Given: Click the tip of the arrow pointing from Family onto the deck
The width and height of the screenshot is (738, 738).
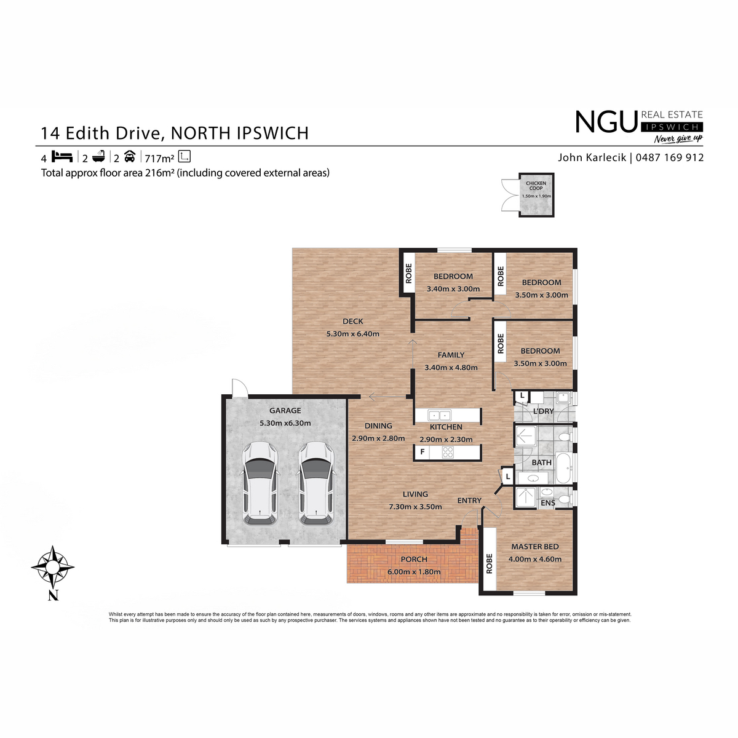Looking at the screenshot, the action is pyautogui.click(x=413, y=339).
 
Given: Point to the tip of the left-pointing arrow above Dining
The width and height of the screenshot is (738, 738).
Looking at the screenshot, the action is pyautogui.click(x=369, y=397).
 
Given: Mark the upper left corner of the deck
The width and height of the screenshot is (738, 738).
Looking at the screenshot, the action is pyautogui.click(x=293, y=248).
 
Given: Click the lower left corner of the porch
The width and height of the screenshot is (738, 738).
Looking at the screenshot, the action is pyautogui.click(x=347, y=583).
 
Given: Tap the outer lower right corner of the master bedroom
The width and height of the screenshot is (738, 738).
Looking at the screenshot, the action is pyautogui.click(x=577, y=595).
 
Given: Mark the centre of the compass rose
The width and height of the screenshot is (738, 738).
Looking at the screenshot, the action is pyautogui.click(x=53, y=567).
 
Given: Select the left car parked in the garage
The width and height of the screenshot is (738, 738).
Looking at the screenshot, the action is pyautogui.click(x=260, y=483).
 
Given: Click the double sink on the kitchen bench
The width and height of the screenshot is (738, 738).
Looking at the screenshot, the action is pyautogui.click(x=439, y=415).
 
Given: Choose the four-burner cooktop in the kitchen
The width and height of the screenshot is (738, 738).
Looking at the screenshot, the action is pyautogui.click(x=448, y=452).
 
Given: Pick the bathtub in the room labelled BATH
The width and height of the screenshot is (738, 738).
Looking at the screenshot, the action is pyautogui.click(x=563, y=468).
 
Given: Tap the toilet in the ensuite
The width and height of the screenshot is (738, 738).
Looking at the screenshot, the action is pyautogui.click(x=564, y=499).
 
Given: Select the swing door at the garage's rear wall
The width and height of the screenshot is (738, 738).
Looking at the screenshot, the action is pyautogui.click(x=239, y=387).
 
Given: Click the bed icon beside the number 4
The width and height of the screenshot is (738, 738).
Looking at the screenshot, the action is pyautogui.click(x=62, y=157).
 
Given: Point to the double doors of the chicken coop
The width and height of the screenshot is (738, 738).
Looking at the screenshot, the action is pyautogui.click(x=510, y=196).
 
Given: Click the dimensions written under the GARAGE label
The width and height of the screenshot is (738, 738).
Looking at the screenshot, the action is pyautogui.click(x=285, y=423).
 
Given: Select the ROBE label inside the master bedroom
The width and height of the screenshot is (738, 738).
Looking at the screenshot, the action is pyautogui.click(x=489, y=564).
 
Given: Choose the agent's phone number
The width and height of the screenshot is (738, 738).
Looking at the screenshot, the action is pyautogui.click(x=670, y=157).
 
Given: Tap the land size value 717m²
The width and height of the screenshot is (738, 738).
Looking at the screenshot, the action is pyautogui.click(x=159, y=158).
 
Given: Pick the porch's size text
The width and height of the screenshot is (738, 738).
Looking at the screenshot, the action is pyautogui.click(x=414, y=572).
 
